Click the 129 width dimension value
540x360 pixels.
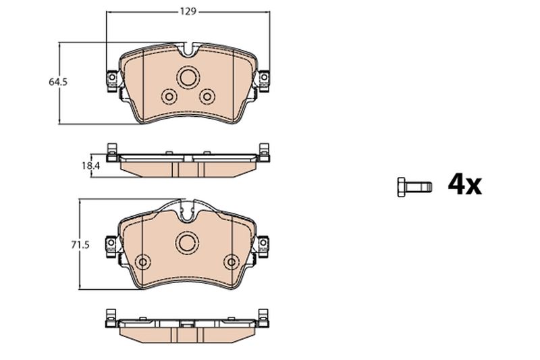[188, 11]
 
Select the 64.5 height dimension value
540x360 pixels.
[58, 82]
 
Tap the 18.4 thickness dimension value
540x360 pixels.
[90, 165]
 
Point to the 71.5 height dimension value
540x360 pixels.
[80, 245]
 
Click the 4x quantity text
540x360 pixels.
[464, 185]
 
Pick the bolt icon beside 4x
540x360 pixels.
[414, 187]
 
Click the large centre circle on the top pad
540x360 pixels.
[188, 77]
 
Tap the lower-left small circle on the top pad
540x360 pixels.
[169, 97]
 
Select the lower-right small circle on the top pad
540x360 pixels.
[207, 97]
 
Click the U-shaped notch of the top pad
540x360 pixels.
[188, 50]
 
